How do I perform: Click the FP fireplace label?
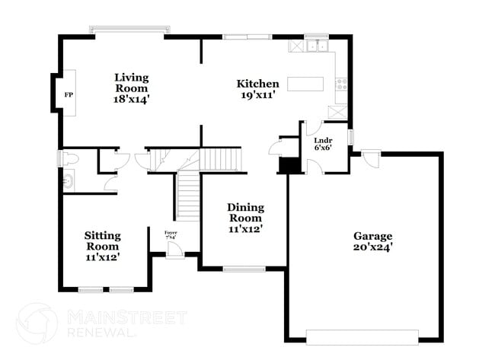69,95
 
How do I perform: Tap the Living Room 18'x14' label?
131,88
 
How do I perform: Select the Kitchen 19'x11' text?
257,90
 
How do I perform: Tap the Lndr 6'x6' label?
323,144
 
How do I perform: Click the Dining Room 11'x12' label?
246,218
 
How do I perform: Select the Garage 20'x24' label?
372,241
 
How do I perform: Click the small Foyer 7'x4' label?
171,235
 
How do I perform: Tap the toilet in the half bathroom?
71,159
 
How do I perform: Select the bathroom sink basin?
69,182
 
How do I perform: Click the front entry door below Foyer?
174,251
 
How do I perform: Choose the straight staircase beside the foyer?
187,196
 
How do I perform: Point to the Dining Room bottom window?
244,267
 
